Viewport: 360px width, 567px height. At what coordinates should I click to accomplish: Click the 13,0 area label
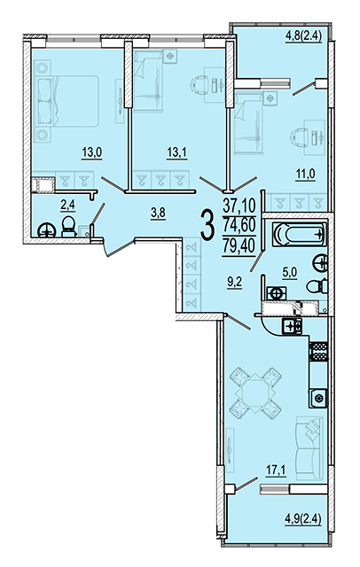tap(92, 153)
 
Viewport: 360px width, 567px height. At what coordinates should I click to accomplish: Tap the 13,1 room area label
tap(176, 153)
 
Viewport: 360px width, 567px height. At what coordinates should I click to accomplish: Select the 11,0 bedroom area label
tap(305, 175)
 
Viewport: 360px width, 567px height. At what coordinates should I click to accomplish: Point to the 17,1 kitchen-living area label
tap(276, 470)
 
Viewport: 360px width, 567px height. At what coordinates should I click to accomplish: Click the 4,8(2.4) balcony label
tap(304, 36)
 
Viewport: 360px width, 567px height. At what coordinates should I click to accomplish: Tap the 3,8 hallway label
tap(158, 214)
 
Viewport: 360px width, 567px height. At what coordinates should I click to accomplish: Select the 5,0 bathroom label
tap(289, 273)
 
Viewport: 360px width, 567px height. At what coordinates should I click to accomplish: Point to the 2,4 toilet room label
tap(67, 206)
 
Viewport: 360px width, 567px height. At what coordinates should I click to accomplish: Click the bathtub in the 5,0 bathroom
tap(299, 234)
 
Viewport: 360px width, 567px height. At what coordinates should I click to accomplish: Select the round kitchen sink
tap(318, 399)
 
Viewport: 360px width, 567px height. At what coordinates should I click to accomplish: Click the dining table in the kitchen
tap(255, 393)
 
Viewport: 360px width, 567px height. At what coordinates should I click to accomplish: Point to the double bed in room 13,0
tap(67, 101)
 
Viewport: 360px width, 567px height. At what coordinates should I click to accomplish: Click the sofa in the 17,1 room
tap(309, 448)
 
